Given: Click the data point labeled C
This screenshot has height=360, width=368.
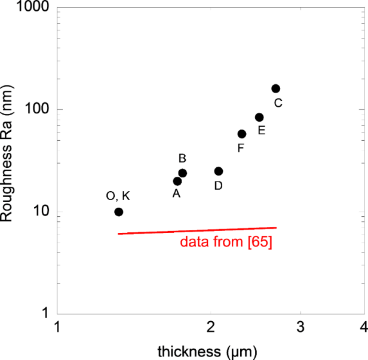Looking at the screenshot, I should coord(275,88).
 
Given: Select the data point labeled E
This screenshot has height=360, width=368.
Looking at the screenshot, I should coord(259,117).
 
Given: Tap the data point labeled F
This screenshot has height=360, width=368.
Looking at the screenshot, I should coord(241,134).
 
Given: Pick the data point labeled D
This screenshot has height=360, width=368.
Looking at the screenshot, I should coord(219,171).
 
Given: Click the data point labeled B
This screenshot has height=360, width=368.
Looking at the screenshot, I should coord(183,173).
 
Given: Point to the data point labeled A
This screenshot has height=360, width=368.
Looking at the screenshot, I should coord(177,181).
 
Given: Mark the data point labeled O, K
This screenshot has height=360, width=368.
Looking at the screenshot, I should coord(119,212).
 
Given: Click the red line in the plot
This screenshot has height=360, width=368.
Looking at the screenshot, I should coord(197,230).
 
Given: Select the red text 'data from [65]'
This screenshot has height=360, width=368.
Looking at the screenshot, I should coord(226,243).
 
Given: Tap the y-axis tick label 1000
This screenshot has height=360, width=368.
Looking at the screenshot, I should coord(35,8).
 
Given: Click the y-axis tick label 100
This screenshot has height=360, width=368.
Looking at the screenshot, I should coord(39,110).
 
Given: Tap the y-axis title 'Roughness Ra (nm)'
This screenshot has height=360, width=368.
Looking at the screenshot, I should coord(8,161).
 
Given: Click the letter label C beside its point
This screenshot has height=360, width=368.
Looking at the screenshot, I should coord(278,103).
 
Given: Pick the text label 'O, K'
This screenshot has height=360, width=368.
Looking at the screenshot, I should coord(118,196).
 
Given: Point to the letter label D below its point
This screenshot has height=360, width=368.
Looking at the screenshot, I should coord(218,186).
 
